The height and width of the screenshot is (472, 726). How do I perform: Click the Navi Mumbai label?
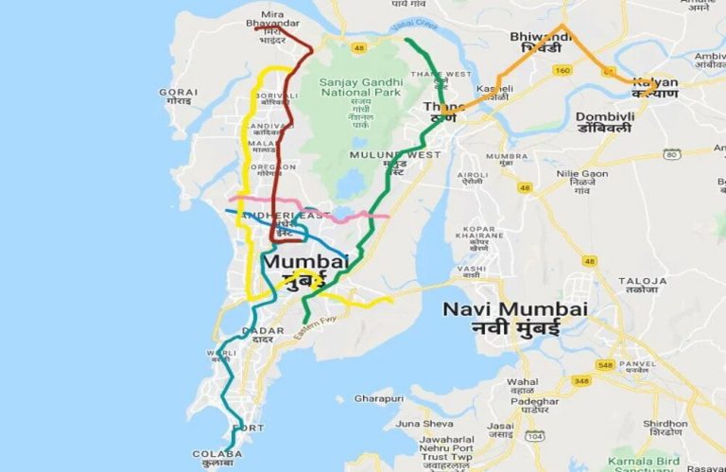click(515, 319)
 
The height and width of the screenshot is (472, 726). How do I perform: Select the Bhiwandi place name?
click(541, 42)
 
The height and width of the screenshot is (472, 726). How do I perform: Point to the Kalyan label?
click(656, 88)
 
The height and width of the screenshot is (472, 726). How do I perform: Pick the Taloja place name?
click(642, 286)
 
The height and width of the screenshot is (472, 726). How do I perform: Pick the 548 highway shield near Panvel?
click(605, 365)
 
